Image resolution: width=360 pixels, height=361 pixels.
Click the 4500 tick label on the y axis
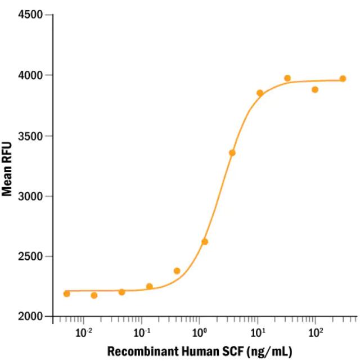33,15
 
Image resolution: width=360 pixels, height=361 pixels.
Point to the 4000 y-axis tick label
33,75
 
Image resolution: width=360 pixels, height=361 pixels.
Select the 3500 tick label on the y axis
33,136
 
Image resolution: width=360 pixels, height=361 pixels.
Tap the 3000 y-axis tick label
33,196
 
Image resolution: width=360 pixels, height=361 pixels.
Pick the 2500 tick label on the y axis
33,256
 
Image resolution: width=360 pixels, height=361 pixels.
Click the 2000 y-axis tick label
33,317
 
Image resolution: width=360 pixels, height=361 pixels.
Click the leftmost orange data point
66,294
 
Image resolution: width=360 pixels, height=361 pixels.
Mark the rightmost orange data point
343,79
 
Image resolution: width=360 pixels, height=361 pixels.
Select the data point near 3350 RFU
232,153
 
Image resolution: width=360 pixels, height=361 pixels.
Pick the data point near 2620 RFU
205,242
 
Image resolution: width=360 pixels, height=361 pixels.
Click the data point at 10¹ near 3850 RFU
260,93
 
